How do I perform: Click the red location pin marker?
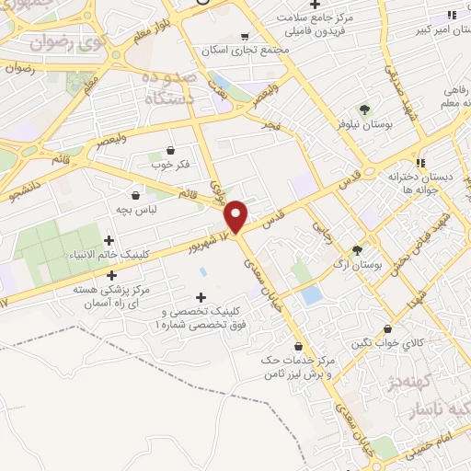(237, 216)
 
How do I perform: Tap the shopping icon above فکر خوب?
(170, 150)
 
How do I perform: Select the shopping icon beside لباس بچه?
(136, 195)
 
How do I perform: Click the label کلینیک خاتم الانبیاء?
(109, 255)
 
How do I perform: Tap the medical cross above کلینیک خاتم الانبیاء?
(109, 240)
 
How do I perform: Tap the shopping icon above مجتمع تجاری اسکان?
(244, 38)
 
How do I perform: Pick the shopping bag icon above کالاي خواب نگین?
(388, 328)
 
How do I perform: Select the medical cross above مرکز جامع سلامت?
(316, 4)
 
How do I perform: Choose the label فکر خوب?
(169, 166)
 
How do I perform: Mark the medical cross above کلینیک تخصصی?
(201, 296)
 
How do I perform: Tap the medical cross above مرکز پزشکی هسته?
(112, 274)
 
